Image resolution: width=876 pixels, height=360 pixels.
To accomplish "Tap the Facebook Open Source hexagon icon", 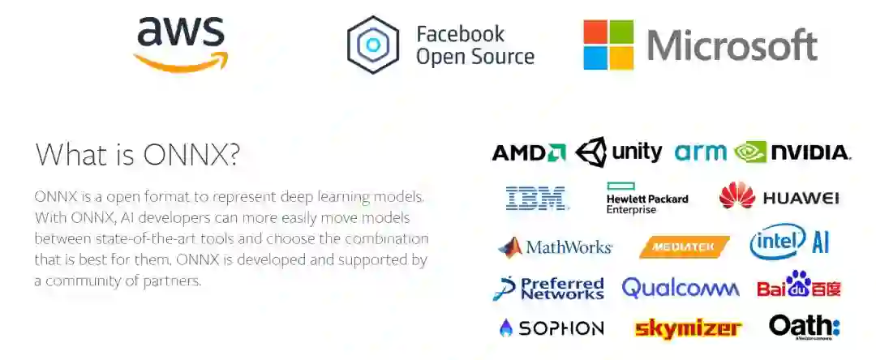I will pyautogui.click(x=372, y=45).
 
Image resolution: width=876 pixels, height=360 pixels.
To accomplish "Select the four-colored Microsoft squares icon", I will pyautogui.click(x=608, y=45).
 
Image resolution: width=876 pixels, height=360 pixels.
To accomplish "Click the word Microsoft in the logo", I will pyautogui.click(x=732, y=45).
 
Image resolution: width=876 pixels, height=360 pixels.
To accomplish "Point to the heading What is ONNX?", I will pyautogui.click(x=137, y=154).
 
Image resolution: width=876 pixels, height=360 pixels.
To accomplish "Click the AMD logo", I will pyautogui.click(x=528, y=152).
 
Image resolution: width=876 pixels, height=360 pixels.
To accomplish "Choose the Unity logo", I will pyautogui.click(x=618, y=152).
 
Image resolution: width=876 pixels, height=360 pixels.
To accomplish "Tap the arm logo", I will pyautogui.click(x=700, y=152).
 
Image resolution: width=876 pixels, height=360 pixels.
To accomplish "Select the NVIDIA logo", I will pyautogui.click(x=792, y=152).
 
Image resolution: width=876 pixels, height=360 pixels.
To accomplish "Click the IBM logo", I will pyautogui.click(x=535, y=198).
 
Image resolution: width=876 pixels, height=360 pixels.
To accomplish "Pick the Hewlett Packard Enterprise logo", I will pyautogui.click(x=647, y=198).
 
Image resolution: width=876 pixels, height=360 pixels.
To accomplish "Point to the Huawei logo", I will pyautogui.click(x=779, y=197).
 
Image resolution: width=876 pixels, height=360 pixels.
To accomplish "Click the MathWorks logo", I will pyautogui.click(x=555, y=246).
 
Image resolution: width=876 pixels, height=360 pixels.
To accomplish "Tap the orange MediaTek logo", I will pyautogui.click(x=684, y=246).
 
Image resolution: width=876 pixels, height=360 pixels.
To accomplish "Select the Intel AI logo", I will pyautogui.click(x=788, y=242).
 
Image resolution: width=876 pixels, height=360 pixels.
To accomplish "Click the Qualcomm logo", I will pyautogui.click(x=680, y=288).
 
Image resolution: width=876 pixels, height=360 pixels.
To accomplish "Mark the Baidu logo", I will pyautogui.click(x=798, y=286).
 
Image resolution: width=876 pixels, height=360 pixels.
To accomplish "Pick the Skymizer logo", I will pyautogui.click(x=688, y=328).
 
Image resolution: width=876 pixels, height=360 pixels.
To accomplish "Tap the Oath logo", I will pyautogui.click(x=804, y=326).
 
